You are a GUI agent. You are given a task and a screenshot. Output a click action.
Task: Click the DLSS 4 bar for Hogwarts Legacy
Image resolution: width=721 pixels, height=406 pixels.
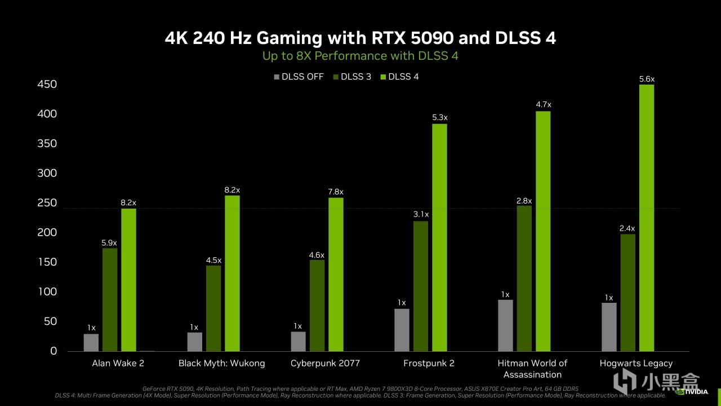[647, 218]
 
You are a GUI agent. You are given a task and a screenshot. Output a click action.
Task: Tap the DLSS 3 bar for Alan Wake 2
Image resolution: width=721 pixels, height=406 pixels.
[110, 299]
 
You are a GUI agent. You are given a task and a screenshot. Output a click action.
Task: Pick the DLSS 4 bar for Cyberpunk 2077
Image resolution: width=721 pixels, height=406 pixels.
[336, 274]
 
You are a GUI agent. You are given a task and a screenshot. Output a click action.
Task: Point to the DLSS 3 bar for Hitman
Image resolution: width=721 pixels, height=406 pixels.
[524, 278]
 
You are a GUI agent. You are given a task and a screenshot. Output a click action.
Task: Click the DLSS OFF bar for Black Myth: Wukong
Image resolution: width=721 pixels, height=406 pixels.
[195, 342]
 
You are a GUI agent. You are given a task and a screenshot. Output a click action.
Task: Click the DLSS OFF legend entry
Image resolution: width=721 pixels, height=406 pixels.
[299, 77]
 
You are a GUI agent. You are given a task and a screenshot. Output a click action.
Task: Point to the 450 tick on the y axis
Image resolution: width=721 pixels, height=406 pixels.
[47, 85]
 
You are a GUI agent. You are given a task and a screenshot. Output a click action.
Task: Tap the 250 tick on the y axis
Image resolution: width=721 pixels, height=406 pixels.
[47, 203]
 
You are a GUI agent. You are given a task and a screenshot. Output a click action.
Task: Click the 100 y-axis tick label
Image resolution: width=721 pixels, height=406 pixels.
[47, 292]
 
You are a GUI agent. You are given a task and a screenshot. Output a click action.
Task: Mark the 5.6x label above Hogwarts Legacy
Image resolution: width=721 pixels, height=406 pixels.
[647, 80]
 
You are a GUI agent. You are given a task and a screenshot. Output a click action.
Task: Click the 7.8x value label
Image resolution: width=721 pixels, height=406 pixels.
[336, 192]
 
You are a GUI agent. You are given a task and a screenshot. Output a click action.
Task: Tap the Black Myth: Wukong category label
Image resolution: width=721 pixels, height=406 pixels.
[221, 363]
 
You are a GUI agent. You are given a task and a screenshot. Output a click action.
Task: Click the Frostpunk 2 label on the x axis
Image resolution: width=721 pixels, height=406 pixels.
[429, 363]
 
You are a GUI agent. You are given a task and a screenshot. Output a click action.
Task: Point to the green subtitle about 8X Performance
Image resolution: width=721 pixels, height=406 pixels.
[360, 56]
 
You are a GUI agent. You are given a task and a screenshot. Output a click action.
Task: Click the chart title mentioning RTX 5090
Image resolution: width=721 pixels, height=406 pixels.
[360, 38]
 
